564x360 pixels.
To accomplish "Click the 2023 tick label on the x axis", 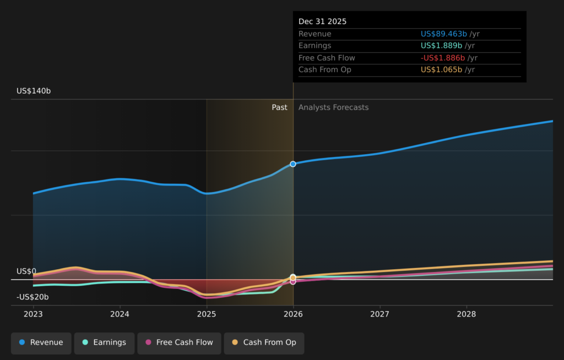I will (33, 314).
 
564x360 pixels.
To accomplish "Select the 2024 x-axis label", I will (120, 314).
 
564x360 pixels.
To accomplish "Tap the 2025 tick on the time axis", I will (207, 314).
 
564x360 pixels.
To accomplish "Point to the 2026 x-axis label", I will (293, 314).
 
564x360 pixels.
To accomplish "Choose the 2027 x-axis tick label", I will (379, 314).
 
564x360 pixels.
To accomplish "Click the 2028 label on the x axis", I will (467, 314).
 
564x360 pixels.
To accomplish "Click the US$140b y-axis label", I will (34, 91).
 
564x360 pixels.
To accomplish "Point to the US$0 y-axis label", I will (26, 271).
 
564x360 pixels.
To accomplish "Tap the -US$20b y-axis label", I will (32, 297).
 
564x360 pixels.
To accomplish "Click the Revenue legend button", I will (41, 343).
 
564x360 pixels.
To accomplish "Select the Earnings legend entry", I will (104, 343).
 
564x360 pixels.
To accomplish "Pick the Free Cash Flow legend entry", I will (179, 343).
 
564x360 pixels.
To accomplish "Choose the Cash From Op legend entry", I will (264, 343).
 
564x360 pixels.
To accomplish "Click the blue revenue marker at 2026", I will (293, 164).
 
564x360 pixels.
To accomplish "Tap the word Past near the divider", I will (279, 107).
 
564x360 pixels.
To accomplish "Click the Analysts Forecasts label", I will (333, 107).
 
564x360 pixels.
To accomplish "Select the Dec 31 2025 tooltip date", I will (323, 21).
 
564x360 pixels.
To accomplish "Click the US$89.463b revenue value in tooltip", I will (444, 34).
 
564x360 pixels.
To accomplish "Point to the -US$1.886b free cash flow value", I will (443, 58).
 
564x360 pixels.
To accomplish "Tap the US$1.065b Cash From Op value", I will (442, 70).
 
